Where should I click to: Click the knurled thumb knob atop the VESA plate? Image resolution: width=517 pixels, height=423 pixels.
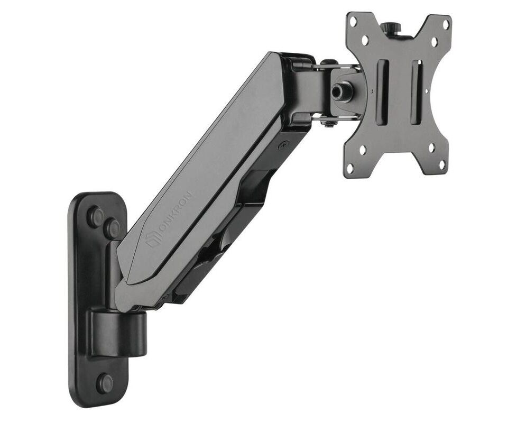pyautogui.click(x=392, y=28)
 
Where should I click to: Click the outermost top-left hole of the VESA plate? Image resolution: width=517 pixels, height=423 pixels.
pyautogui.click(x=353, y=21)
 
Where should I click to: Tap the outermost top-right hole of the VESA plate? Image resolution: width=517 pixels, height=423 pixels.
pyautogui.click(x=445, y=24)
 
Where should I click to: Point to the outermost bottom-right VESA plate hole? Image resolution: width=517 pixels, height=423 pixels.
pyautogui.click(x=442, y=164)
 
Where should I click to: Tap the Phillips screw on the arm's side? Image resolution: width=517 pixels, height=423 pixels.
pyautogui.click(x=284, y=144)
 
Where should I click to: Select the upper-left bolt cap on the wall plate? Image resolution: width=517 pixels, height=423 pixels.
pyautogui.click(x=95, y=216)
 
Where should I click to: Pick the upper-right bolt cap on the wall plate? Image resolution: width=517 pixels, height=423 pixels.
pyautogui.click(x=112, y=228)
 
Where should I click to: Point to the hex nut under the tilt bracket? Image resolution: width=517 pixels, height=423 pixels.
pyautogui.click(x=328, y=123)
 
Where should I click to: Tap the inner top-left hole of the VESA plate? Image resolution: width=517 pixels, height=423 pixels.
pyautogui.click(x=365, y=39)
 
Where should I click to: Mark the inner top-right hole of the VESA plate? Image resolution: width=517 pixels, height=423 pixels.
pyautogui.click(x=434, y=41)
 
